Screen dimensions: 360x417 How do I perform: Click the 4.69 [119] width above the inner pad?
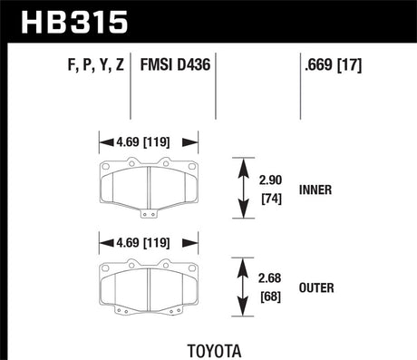pyautogui.click(x=148, y=142)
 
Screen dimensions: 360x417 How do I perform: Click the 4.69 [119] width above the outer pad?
pyautogui.click(x=148, y=242)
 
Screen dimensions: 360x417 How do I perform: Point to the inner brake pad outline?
pyautogui.click(x=148, y=187)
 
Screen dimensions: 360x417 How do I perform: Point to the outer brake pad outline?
pyautogui.click(x=148, y=285)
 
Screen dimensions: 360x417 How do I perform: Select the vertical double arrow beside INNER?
pyautogui.click(x=243, y=188)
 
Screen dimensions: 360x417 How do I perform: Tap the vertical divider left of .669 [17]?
pyautogui.click(x=301, y=86)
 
